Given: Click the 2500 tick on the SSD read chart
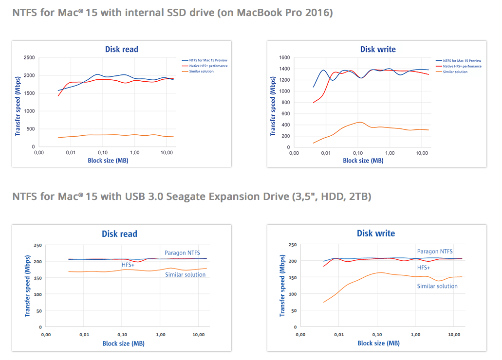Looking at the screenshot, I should coord(28,57).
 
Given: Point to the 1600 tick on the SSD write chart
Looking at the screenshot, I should coord(284,57).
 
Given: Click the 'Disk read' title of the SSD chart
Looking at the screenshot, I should coord(122,49).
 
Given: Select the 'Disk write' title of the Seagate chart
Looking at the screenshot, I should coord(376,234).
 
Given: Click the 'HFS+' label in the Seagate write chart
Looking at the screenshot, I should coord(424,268).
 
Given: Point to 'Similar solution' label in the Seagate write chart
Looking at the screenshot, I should coord(437,286).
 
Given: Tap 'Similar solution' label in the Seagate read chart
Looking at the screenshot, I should coord(185,275).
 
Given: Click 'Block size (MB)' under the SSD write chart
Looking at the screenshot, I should coord(363,161).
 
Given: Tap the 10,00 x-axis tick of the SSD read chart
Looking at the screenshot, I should coord(167,152).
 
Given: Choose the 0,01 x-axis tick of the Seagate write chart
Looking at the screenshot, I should coord(338,335).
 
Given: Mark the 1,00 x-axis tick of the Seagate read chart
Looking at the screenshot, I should coord(160,335).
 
